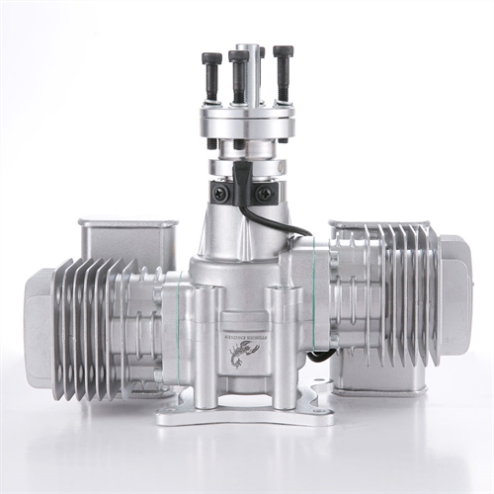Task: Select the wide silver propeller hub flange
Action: tap(247, 122)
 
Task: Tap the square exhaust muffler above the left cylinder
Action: tap(128, 242)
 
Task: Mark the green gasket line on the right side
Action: tap(314, 296)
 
